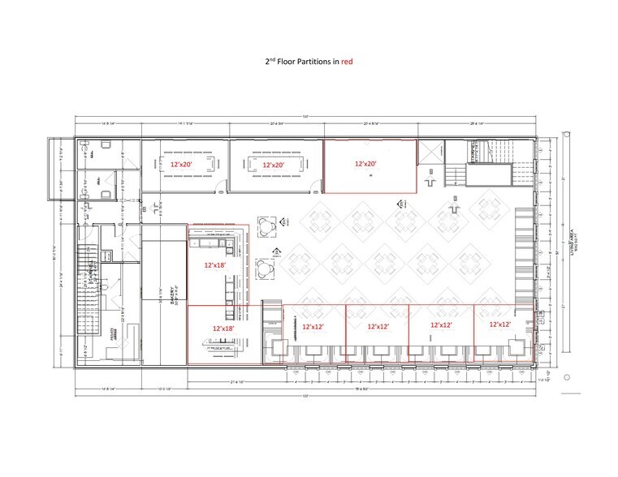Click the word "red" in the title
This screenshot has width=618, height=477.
click(x=347, y=62)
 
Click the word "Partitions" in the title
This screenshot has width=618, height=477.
click(x=312, y=62)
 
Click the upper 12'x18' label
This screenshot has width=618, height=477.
click(x=215, y=264)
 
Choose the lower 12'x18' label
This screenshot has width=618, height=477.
click(x=225, y=327)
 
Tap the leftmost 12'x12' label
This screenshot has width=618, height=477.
click(x=314, y=326)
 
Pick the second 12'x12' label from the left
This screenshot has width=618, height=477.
click(x=379, y=326)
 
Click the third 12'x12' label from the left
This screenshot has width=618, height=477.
click(x=442, y=324)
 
